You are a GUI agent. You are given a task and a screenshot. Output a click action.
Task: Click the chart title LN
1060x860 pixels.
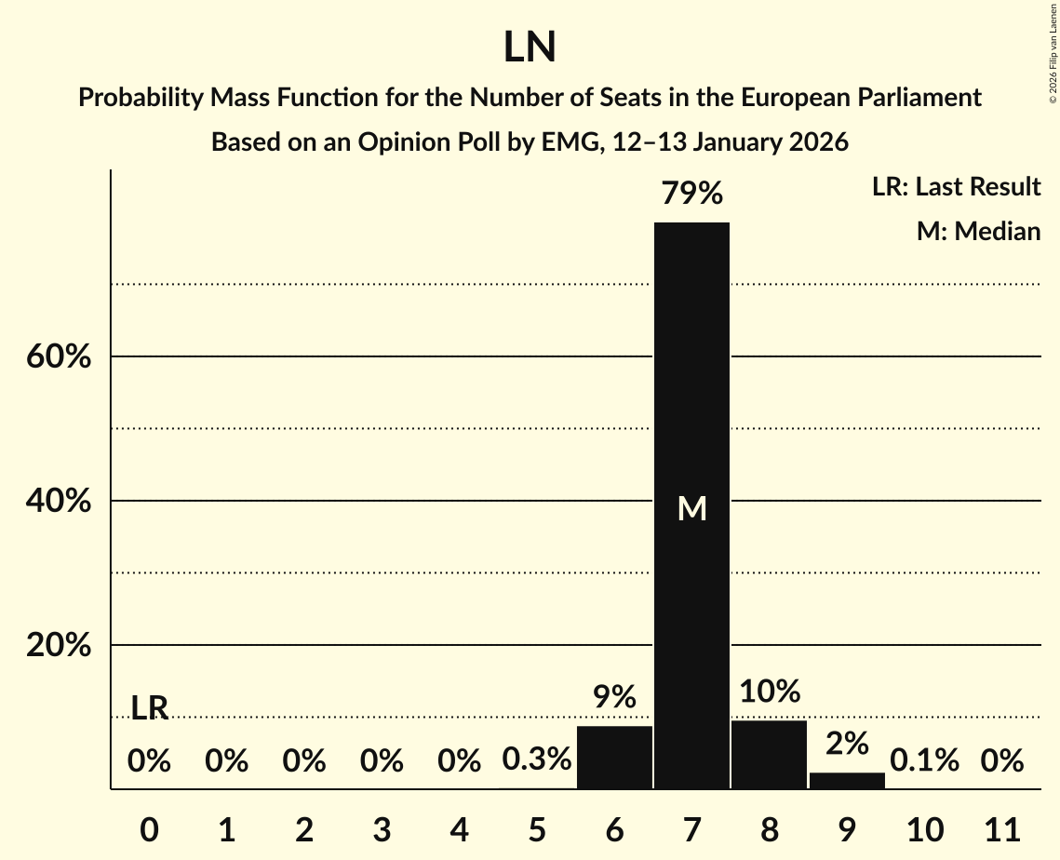click(x=530, y=47)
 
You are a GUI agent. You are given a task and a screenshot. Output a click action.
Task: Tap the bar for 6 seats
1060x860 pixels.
click(x=614, y=758)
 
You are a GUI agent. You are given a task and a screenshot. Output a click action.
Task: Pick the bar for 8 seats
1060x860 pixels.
click(x=769, y=755)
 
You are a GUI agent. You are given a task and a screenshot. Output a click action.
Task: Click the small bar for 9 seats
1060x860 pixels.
click(x=847, y=780)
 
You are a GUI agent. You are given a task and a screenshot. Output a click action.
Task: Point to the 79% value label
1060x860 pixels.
click(x=691, y=195)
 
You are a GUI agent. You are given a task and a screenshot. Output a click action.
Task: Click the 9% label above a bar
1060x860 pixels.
click(x=614, y=697)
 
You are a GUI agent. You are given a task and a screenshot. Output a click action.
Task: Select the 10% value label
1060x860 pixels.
click(x=770, y=692)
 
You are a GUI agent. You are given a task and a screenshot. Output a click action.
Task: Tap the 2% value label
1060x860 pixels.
click(x=847, y=744)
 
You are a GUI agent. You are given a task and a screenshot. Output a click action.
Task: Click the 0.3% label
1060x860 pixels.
click(x=536, y=761)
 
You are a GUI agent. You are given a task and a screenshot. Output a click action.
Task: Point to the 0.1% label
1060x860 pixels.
click(x=924, y=761)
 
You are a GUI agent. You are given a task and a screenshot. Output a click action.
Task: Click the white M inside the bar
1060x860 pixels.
click(x=691, y=508)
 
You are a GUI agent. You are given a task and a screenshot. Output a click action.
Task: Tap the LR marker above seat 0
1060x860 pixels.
click(x=149, y=708)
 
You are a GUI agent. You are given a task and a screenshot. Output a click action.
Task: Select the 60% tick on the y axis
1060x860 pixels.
click(x=59, y=356)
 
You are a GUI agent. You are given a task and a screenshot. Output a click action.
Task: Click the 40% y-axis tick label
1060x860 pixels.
click(x=59, y=501)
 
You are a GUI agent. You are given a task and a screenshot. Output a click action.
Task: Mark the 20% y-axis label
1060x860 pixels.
click(x=59, y=645)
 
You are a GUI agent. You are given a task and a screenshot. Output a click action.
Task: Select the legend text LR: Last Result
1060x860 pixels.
click(x=956, y=187)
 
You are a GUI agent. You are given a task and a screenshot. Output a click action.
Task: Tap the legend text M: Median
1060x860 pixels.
click(x=978, y=231)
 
